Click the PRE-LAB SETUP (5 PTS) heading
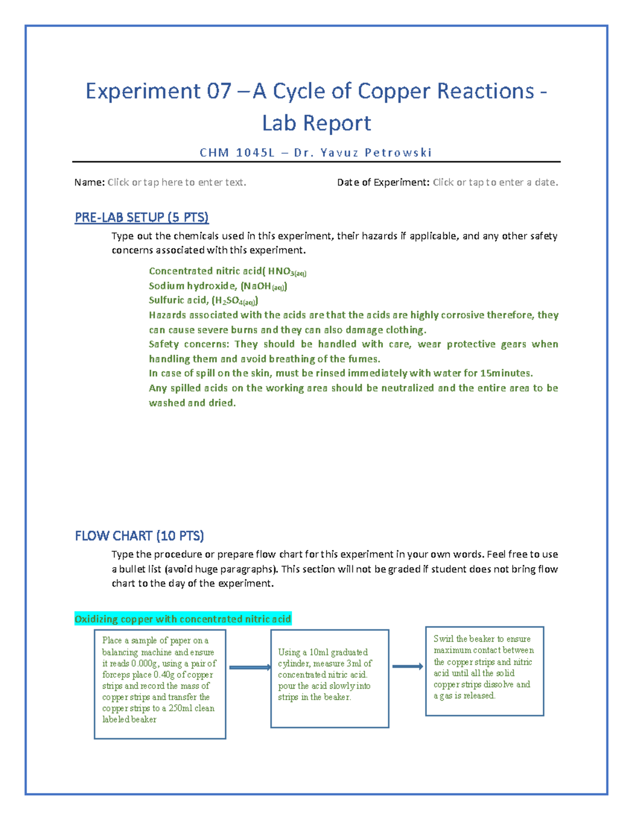(141, 217)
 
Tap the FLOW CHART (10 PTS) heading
(139, 536)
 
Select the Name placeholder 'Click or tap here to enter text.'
(177, 182)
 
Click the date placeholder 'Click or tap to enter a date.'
(495, 182)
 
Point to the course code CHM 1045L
(237, 153)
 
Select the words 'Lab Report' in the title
(316, 123)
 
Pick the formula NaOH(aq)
(264, 286)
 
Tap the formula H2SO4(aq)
(235, 300)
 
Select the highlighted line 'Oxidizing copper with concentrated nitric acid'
(183, 619)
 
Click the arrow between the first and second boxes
(250, 667)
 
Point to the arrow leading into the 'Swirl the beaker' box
(407, 666)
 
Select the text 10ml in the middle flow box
(319, 652)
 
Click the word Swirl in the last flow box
(443, 639)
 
